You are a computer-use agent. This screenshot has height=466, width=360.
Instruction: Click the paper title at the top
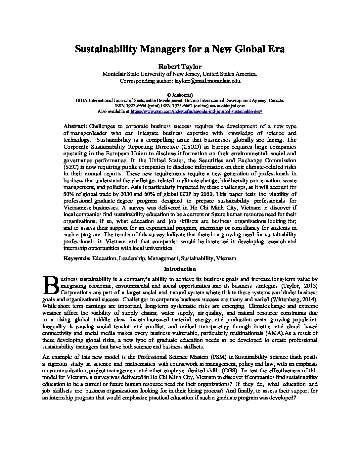point(180,49)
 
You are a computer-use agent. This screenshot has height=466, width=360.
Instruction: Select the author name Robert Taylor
point(180,67)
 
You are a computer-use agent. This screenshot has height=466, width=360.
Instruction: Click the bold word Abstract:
point(75,126)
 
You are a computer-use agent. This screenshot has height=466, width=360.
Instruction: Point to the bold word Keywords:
point(77,258)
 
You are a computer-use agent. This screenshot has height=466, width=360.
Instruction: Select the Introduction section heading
point(180,269)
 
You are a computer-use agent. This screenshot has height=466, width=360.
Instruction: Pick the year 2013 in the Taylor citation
point(311,286)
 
